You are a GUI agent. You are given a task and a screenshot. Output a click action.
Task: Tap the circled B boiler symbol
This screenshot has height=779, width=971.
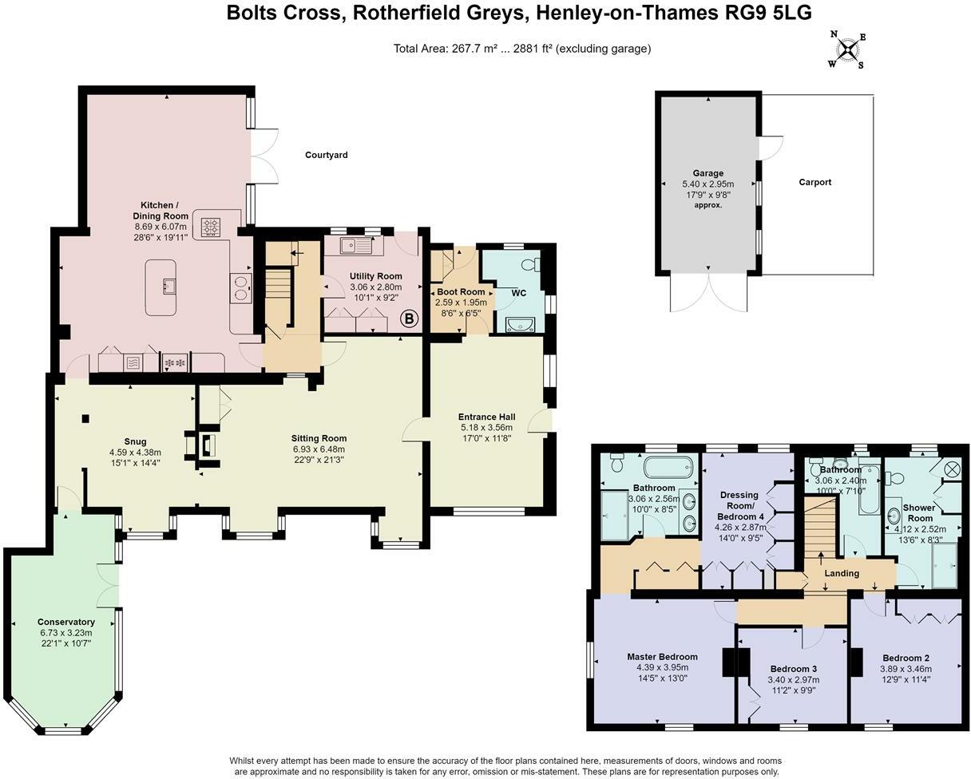coord(409,319)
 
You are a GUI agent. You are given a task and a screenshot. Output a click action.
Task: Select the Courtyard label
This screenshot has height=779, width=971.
coord(326,155)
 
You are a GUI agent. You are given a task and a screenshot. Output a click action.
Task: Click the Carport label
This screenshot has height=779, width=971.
coord(814,182)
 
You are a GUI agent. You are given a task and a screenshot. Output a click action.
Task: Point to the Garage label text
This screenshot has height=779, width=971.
coord(707,173)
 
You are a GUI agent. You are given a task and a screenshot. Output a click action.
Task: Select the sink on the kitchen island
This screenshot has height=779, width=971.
coord(168,286)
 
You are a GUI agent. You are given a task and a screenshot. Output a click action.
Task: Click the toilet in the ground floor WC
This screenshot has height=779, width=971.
coord(529,264)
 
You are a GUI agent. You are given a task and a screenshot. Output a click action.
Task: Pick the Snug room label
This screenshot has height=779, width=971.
coord(135,441)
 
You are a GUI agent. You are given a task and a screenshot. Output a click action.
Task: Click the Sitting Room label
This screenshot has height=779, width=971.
coord(318,438)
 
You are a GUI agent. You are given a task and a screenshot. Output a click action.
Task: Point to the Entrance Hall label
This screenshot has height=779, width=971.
coord(486,417)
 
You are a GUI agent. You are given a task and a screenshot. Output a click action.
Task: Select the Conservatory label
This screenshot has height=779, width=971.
coord(65,622)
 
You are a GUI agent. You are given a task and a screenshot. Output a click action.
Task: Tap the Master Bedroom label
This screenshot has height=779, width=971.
coord(662,657)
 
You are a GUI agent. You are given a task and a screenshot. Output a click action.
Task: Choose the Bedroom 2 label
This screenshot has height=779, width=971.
coord(906,658)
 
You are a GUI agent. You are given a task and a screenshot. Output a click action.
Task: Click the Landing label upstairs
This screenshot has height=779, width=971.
coord(841,573)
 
